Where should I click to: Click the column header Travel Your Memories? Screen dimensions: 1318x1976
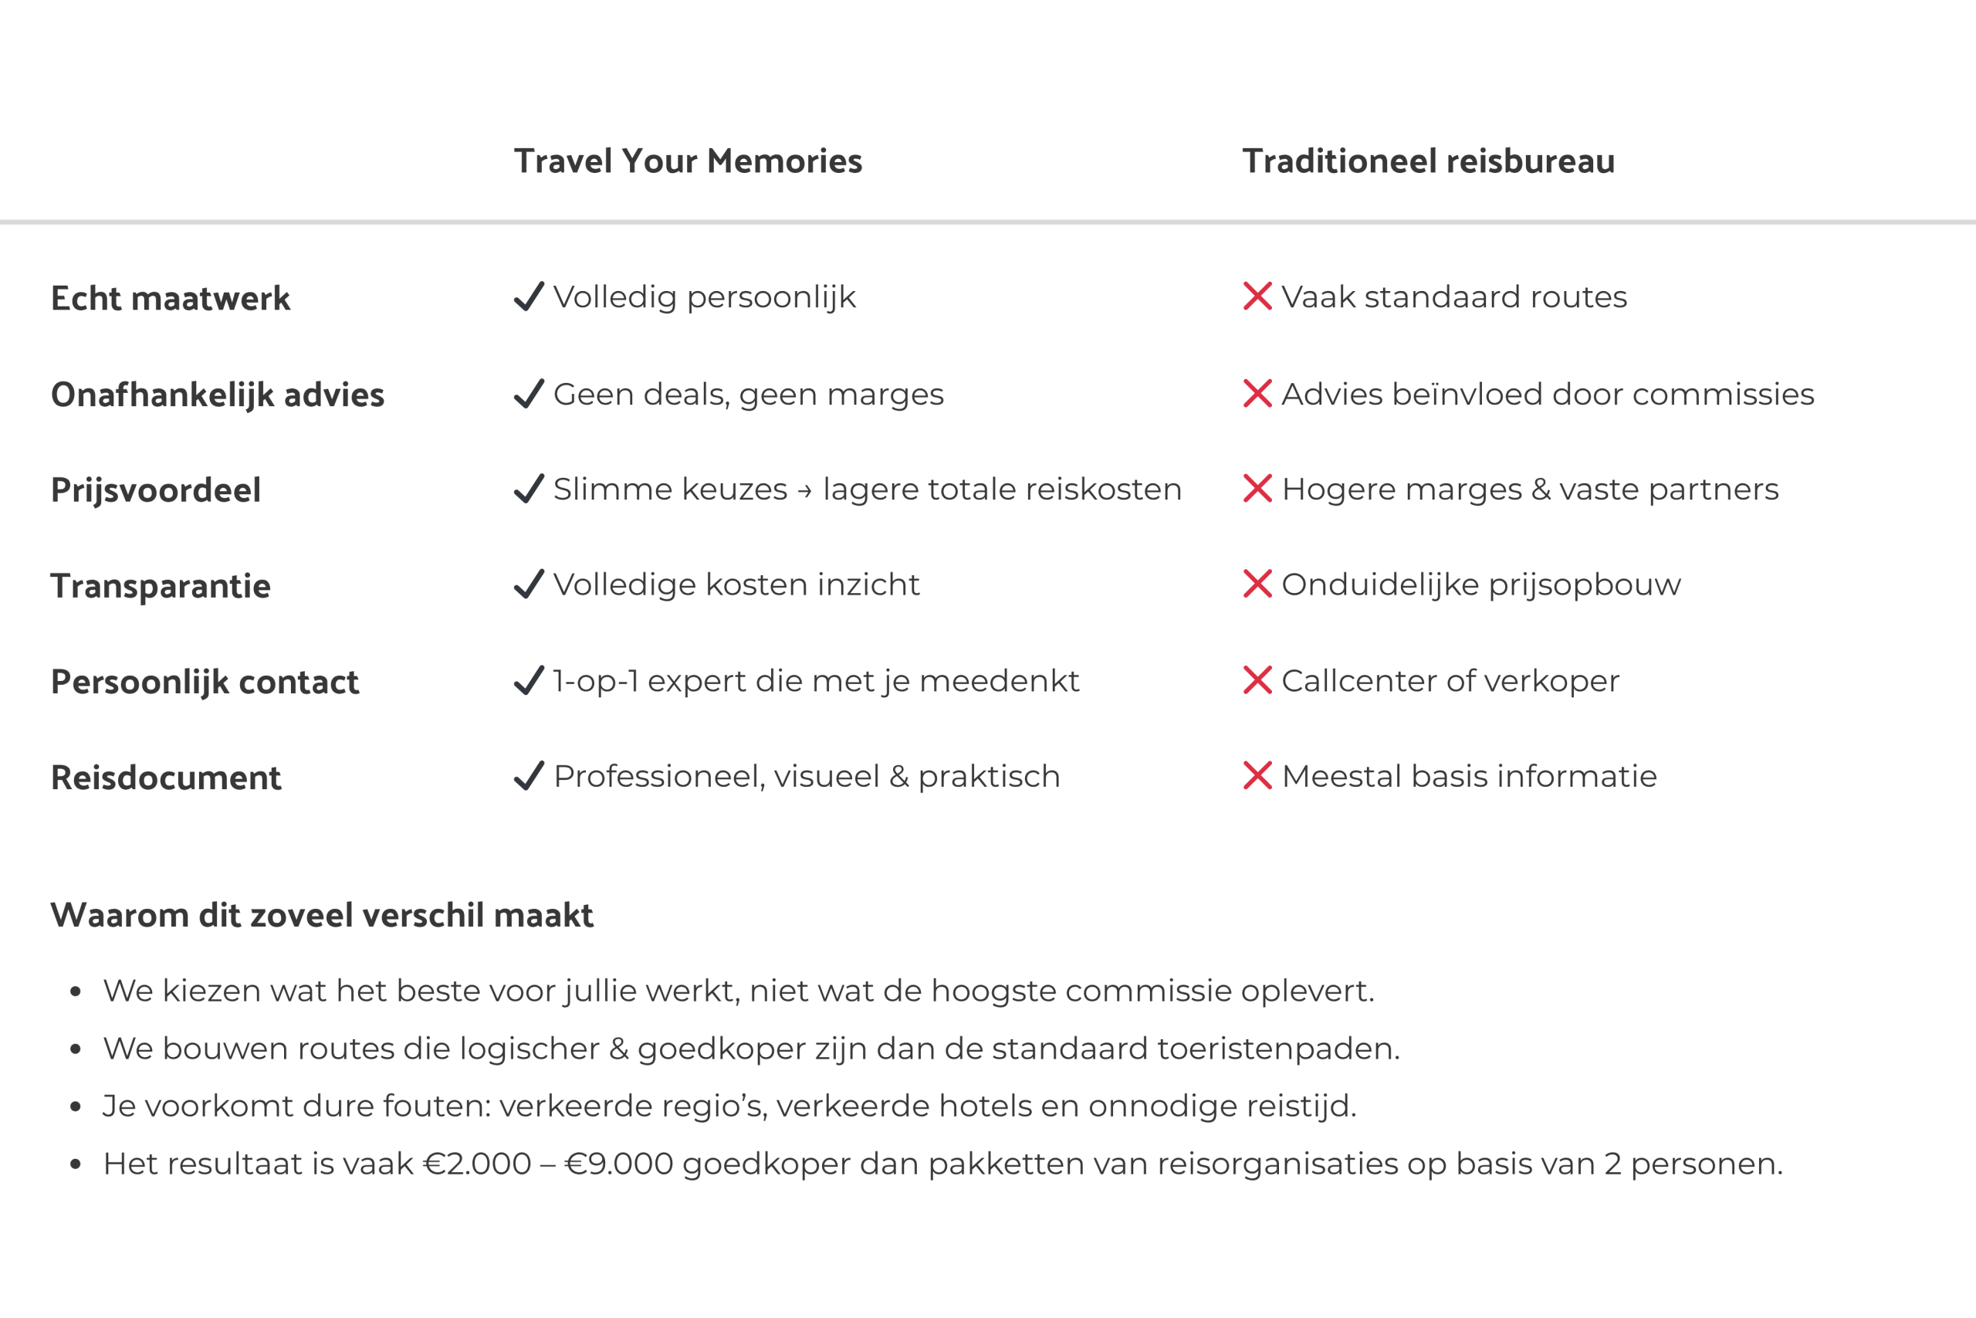[x=688, y=161]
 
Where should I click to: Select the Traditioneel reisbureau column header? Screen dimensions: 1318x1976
[x=1428, y=161]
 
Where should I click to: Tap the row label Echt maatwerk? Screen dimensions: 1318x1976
[x=171, y=298]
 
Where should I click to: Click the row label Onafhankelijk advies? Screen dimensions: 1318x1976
[x=218, y=395]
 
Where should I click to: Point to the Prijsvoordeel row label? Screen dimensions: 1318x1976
[x=155, y=490]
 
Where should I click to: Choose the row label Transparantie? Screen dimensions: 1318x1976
[x=161, y=586]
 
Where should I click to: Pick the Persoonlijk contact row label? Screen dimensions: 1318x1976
[x=205, y=682]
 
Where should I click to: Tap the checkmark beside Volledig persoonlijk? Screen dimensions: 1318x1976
[x=529, y=296]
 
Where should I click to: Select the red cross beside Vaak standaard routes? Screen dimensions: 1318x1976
[x=1257, y=296]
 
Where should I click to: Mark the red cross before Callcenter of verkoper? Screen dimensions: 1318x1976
[x=1257, y=680]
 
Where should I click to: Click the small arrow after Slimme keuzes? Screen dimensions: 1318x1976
[x=805, y=491]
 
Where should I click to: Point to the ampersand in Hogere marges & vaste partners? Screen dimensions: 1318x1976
[x=1541, y=490]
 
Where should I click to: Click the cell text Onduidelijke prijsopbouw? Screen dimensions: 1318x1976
[x=1481, y=585]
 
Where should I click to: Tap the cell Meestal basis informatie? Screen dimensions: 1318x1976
[x=1470, y=777]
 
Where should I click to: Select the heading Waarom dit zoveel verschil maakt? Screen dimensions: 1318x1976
[x=322, y=916]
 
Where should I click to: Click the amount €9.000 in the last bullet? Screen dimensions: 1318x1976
[x=619, y=1164]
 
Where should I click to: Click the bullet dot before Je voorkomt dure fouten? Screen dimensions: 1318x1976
[x=76, y=1107]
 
